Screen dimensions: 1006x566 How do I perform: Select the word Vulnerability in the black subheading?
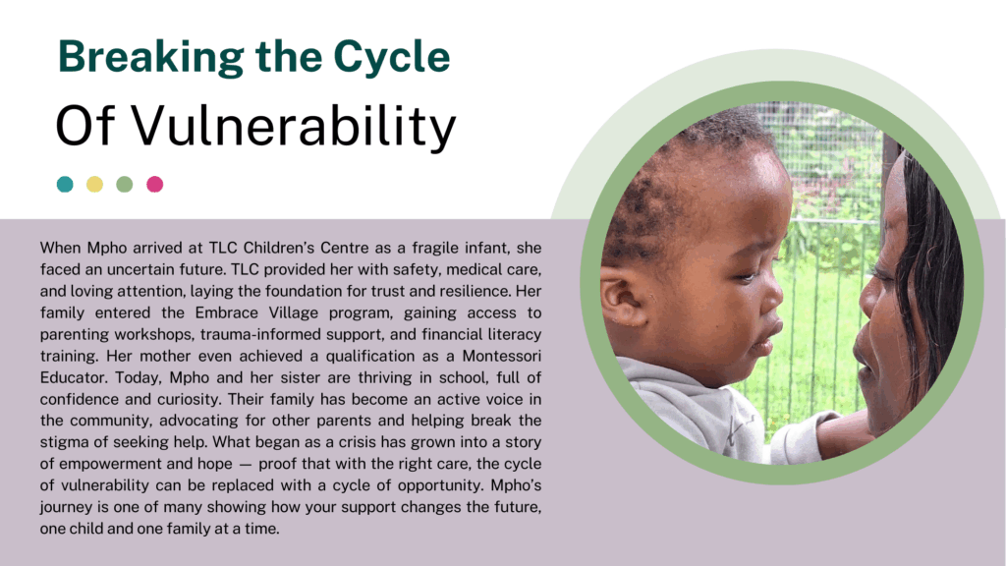point(294,127)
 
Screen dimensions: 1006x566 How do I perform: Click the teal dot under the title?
point(65,184)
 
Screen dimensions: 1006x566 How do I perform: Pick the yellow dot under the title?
point(95,184)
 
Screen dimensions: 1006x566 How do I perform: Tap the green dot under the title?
point(125,184)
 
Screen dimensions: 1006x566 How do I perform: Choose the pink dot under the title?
point(154,184)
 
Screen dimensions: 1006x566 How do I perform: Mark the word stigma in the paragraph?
point(62,442)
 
